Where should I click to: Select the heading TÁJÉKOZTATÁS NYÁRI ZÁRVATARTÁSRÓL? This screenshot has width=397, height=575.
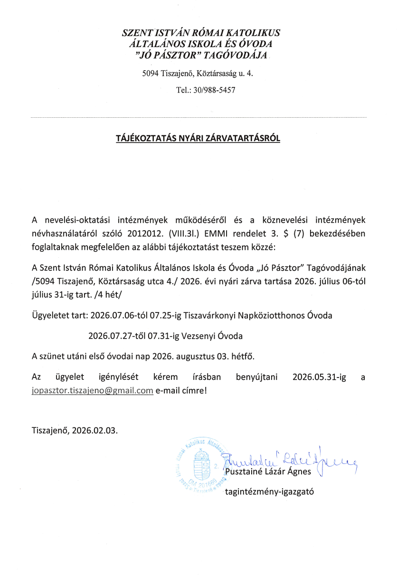coord(198,139)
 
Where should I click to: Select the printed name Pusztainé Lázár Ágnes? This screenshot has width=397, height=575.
coord(268,471)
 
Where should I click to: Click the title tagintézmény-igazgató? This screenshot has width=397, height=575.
coord(269,491)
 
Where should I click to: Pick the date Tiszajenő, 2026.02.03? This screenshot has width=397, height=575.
coord(75,431)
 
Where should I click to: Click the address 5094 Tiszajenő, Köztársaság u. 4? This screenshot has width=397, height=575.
coord(201,74)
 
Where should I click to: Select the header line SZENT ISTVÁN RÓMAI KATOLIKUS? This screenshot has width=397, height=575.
coord(201,33)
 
